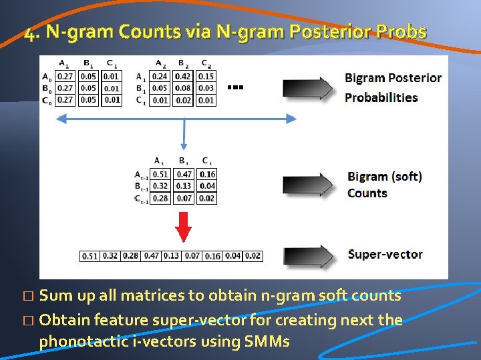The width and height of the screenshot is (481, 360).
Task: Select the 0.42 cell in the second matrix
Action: pos(183,76)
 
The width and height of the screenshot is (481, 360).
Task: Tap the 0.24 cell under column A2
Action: pos(160,76)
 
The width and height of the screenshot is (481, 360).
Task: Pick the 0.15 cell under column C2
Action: pos(206,76)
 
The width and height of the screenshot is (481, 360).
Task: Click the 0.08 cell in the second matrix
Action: pos(183,88)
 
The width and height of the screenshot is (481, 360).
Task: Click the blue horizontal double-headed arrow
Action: pos(176,119)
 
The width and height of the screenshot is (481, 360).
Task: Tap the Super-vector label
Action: pos(385,254)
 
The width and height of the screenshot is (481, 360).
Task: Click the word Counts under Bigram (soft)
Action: pos(367,193)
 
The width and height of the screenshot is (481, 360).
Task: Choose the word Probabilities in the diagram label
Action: pos(381,97)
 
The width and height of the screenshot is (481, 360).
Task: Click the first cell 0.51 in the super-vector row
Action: pos(90,256)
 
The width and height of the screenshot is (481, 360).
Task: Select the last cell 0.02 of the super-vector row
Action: pos(253,256)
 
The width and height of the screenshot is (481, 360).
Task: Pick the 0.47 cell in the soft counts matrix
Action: pos(184,175)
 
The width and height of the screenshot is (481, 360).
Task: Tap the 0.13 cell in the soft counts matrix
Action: pos(184,186)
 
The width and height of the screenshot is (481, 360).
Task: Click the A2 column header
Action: pos(160,64)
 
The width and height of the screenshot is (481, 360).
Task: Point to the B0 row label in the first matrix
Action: pos(47,88)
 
